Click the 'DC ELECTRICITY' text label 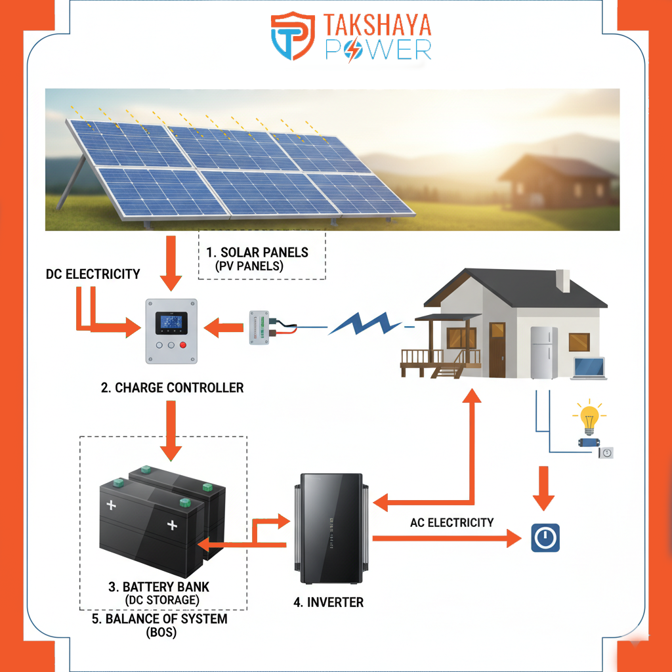click(x=93, y=274)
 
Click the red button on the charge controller click(x=183, y=345)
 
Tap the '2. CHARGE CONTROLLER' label click(x=172, y=388)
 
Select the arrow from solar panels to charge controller click(x=171, y=262)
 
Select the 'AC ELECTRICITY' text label click(x=451, y=523)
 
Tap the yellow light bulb click(x=589, y=417)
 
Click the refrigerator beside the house click(x=544, y=352)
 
